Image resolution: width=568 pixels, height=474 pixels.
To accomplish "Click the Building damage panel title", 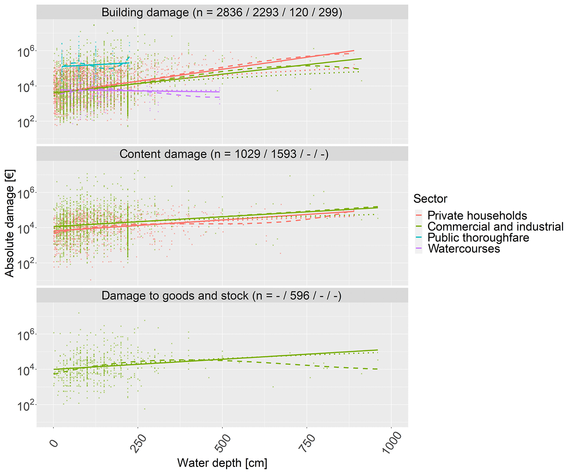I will (222, 13).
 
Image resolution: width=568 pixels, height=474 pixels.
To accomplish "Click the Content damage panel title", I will (224, 154).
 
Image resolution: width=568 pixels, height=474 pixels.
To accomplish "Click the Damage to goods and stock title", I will (221, 296).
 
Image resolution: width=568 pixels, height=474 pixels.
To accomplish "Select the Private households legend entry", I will (477, 216).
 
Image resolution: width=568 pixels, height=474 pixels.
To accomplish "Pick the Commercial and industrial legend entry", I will (495, 227).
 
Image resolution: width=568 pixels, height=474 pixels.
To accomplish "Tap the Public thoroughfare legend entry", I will (478, 238).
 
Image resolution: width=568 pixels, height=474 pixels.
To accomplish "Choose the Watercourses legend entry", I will (464, 249).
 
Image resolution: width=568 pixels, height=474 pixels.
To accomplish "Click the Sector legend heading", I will (430, 199).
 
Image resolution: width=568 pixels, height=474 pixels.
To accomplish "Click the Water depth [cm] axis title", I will (222, 463).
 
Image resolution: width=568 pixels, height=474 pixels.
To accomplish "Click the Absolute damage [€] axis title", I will (10, 223).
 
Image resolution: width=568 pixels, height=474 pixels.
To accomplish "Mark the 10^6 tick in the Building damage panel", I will (26, 52).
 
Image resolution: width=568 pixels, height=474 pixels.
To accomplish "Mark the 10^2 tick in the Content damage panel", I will (26, 264).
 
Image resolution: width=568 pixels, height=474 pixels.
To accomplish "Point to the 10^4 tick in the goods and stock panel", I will (26, 371).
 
